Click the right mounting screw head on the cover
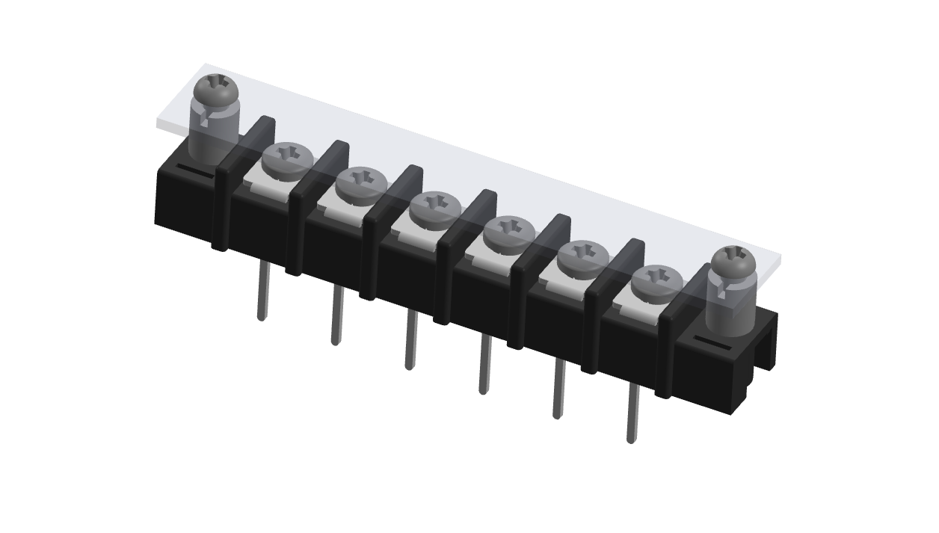click(x=733, y=261)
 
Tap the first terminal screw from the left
click(x=287, y=159)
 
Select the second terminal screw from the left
click(x=360, y=183)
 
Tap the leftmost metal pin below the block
click(x=262, y=292)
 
